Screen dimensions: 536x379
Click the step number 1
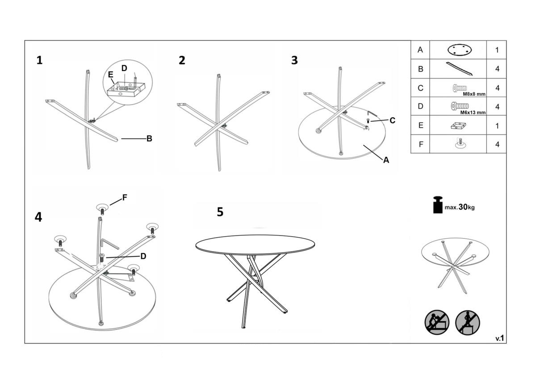[x=39, y=60]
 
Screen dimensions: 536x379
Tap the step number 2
[x=182, y=60]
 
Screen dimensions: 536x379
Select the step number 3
[x=294, y=60]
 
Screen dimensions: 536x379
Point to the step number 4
[x=38, y=217]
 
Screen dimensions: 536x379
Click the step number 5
[x=220, y=212]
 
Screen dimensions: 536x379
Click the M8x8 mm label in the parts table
[x=474, y=94]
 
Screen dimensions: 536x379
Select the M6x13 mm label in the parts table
[x=473, y=113]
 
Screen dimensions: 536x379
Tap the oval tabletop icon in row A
[x=460, y=50]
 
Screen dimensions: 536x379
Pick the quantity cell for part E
[x=497, y=126]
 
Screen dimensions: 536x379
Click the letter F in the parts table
[x=421, y=144]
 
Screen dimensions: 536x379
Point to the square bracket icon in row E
[x=458, y=126]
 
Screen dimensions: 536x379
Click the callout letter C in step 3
[x=393, y=120]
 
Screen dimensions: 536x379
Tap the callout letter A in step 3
[x=386, y=160]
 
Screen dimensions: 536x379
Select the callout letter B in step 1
[x=149, y=139]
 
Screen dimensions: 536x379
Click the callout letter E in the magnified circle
[x=110, y=75]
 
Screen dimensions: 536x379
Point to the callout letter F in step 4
[x=125, y=198]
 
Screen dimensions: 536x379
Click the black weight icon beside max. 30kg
[x=438, y=205]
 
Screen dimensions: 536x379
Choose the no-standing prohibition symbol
[x=468, y=322]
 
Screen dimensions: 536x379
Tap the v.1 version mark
[x=500, y=338]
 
